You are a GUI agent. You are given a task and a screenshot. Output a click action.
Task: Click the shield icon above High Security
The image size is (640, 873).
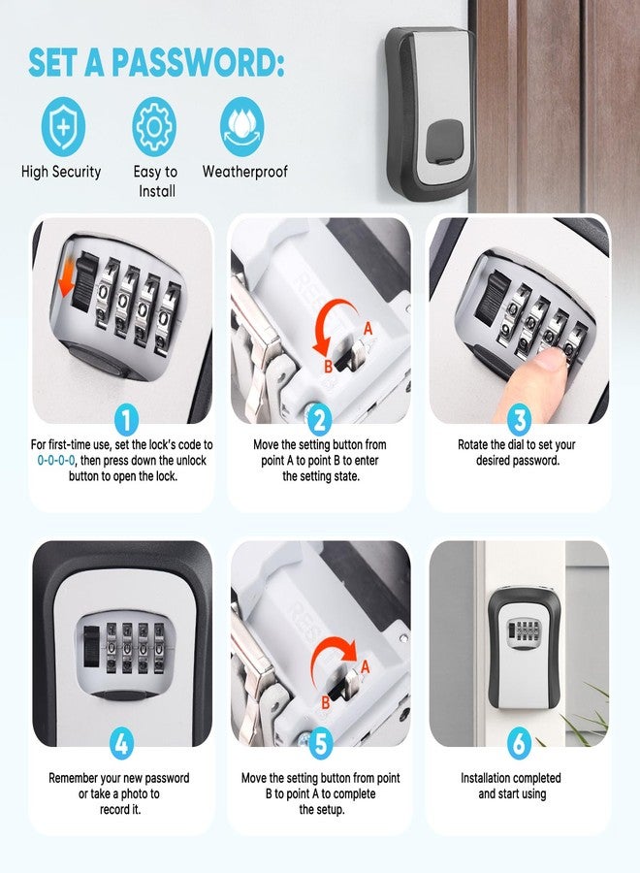click(x=63, y=126)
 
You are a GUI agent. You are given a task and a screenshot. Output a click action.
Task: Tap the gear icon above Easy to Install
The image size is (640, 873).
click(x=154, y=126)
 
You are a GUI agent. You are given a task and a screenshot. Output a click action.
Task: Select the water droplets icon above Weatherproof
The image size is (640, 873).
click(x=242, y=126)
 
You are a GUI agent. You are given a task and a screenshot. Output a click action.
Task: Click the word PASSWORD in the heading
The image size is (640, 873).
click(x=198, y=62)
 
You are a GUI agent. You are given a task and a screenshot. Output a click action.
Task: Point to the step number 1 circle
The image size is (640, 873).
click(x=126, y=420)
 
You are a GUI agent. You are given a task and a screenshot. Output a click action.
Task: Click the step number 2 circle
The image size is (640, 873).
click(x=320, y=420)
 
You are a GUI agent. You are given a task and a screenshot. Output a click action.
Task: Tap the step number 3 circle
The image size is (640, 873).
click(x=519, y=420)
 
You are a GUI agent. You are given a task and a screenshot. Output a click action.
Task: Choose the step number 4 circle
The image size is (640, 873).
click(x=121, y=743)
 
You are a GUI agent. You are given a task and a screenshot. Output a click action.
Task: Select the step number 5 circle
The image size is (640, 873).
click(x=321, y=743)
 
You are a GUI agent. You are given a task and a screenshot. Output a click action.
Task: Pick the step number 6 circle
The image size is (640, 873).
click(x=519, y=743)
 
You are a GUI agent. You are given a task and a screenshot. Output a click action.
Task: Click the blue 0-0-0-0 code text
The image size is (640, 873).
click(x=55, y=461)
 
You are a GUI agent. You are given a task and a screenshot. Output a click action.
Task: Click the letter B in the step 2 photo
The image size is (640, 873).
click(x=329, y=367)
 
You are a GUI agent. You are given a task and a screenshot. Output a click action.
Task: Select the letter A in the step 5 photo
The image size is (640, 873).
click(x=365, y=666)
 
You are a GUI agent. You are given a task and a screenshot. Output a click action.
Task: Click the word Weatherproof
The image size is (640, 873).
click(x=245, y=172)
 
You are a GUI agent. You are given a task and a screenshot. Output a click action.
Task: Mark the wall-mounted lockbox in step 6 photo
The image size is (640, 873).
click(x=520, y=648)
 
